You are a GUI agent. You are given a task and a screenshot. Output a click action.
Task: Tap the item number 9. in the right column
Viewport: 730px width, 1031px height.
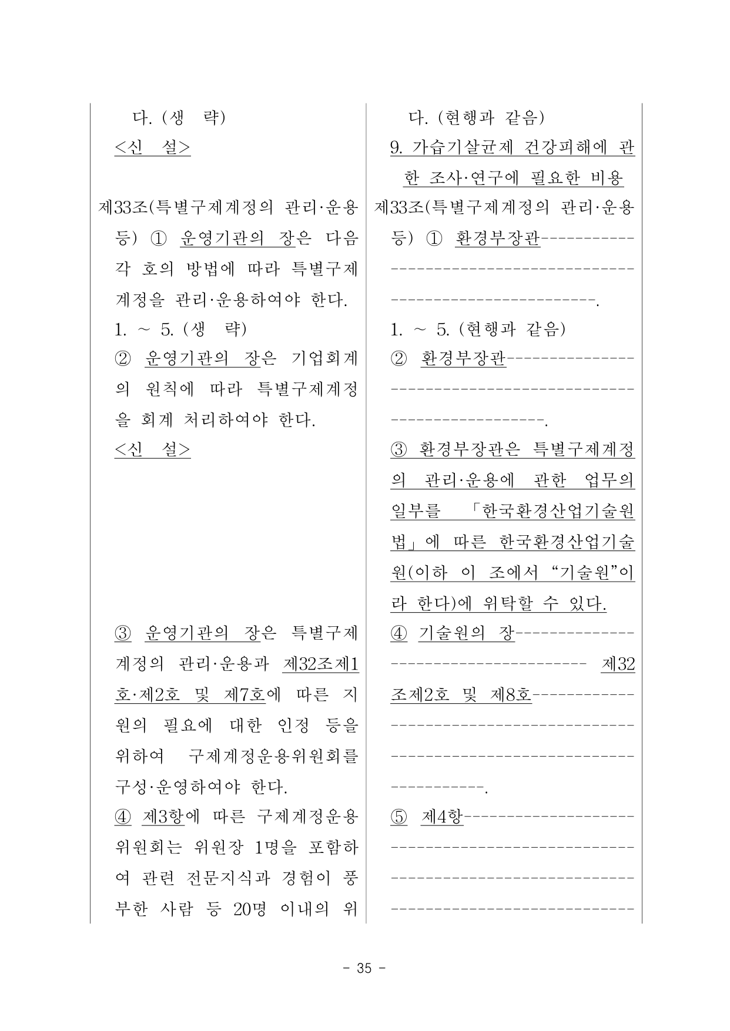[396, 147]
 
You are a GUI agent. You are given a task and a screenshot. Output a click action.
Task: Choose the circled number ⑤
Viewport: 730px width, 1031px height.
[399, 817]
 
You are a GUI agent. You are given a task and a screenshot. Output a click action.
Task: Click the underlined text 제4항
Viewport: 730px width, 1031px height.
[442, 817]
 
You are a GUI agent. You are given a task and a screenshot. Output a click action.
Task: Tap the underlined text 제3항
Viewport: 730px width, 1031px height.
[163, 817]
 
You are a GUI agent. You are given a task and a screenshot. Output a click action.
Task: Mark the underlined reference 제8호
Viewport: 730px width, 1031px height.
[510, 694]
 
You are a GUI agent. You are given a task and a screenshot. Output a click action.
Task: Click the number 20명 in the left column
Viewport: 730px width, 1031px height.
[249, 909]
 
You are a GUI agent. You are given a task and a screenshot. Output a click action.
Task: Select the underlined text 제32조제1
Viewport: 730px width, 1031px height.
[321, 664]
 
